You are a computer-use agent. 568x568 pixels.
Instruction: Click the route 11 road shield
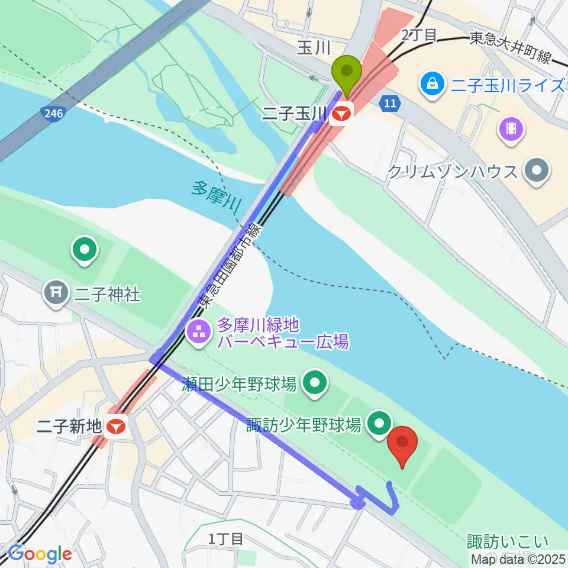pyautogui.click(x=389, y=103)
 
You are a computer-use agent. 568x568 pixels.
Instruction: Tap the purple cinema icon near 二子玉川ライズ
pyautogui.click(x=512, y=128)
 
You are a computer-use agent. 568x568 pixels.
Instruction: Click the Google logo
pyautogui.click(x=40, y=554)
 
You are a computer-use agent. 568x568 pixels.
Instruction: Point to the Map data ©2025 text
pyautogui.click(x=518, y=559)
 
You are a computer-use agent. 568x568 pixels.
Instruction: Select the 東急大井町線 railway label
pyautogui.click(x=511, y=40)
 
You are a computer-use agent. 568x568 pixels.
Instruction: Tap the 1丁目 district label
pyautogui.click(x=225, y=538)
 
